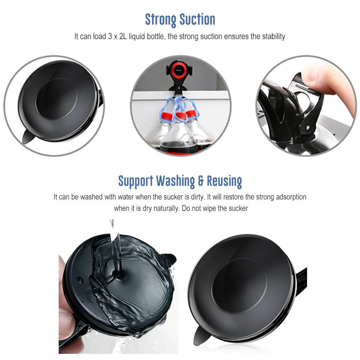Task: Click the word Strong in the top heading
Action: click(161, 20)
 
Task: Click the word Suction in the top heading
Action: click(197, 19)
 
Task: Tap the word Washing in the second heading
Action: click(176, 181)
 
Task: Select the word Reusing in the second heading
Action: click(224, 181)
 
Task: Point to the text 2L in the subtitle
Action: click(123, 36)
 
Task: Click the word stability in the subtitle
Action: click(274, 36)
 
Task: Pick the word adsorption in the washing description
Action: click(291, 197)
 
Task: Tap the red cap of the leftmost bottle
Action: click(167, 116)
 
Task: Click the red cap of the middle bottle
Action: click(181, 116)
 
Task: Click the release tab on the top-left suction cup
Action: click(28, 136)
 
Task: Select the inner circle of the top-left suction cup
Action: click(57, 99)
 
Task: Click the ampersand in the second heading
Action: click(201, 181)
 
